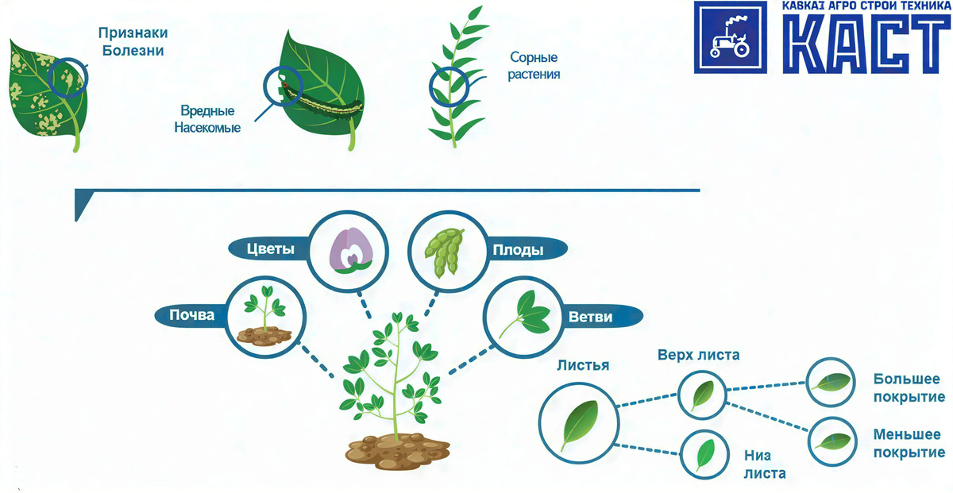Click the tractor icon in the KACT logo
(728, 38)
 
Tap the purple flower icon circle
(348, 251)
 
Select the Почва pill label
(192, 315)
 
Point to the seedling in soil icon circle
(265, 316)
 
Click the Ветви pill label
(590, 317)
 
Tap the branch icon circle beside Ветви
(524, 315)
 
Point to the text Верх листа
(698, 355)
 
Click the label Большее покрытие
(909, 387)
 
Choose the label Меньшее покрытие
(909, 443)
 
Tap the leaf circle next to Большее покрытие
(831, 382)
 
